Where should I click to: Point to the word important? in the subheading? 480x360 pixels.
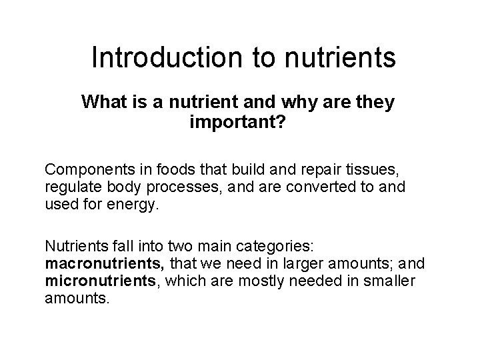237,123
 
